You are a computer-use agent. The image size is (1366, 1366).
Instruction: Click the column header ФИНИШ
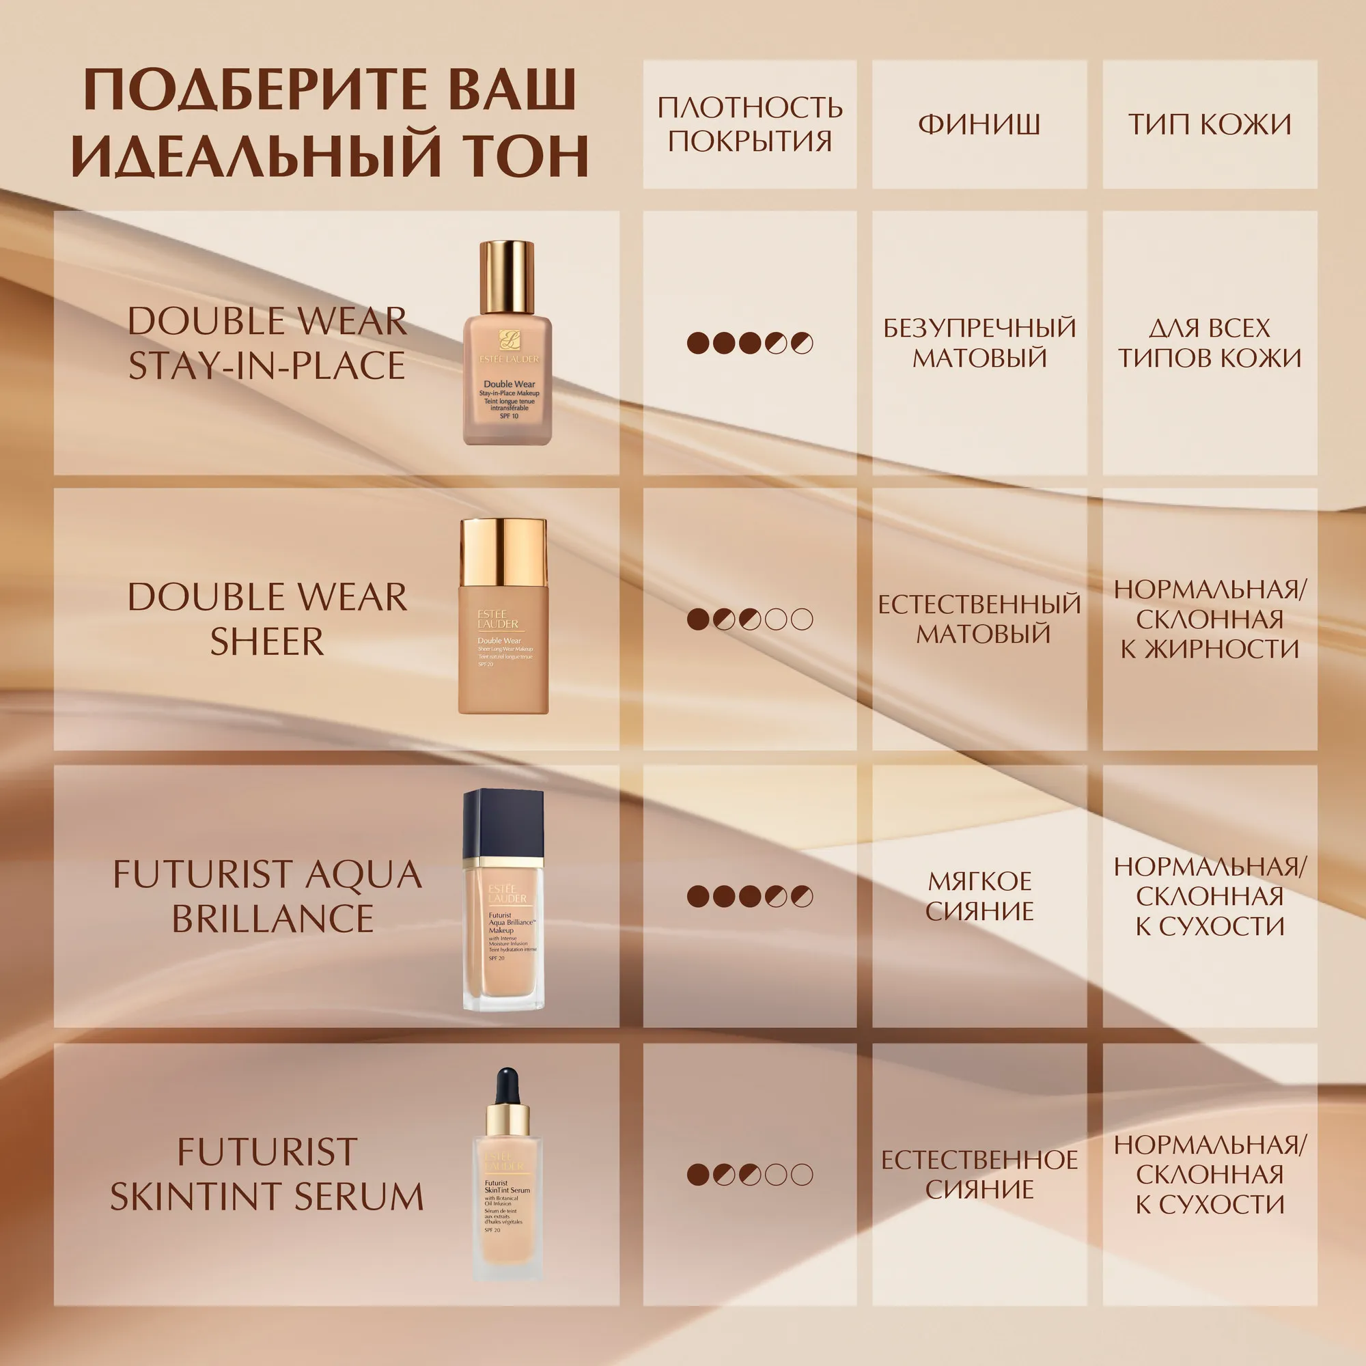tap(979, 124)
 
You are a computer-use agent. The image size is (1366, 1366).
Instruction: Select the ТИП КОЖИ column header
tap(1210, 124)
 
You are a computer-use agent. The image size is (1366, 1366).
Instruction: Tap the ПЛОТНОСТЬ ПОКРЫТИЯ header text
tap(749, 124)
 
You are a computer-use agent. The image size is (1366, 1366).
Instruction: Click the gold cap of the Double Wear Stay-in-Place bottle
tap(506, 277)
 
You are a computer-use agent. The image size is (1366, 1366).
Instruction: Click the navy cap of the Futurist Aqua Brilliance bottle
tap(503, 823)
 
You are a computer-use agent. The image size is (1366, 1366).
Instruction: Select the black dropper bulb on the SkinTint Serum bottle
tap(507, 1086)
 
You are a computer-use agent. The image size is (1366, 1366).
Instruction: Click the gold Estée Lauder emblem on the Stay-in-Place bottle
tap(508, 340)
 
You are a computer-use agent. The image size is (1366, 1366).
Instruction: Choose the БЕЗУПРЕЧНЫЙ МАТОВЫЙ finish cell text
tap(979, 343)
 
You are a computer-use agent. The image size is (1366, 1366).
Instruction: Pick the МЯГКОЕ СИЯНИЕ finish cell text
tap(979, 896)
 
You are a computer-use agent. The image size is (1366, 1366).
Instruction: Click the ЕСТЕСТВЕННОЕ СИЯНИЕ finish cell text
tap(979, 1174)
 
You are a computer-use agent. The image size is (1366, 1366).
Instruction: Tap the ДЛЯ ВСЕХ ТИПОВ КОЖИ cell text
tap(1210, 343)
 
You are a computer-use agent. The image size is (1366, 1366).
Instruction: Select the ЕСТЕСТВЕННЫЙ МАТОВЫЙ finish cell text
tap(979, 619)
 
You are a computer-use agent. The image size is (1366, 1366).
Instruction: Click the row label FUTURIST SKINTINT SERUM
tap(267, 1174)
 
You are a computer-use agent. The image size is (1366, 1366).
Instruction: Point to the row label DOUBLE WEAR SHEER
tap(267, 619)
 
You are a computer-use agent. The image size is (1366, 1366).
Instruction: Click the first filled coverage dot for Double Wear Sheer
tap(698, 619)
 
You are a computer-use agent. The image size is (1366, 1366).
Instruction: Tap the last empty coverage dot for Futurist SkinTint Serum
tap(802, 1174)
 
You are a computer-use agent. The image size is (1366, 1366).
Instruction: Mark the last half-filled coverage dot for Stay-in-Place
tap(802, 343)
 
